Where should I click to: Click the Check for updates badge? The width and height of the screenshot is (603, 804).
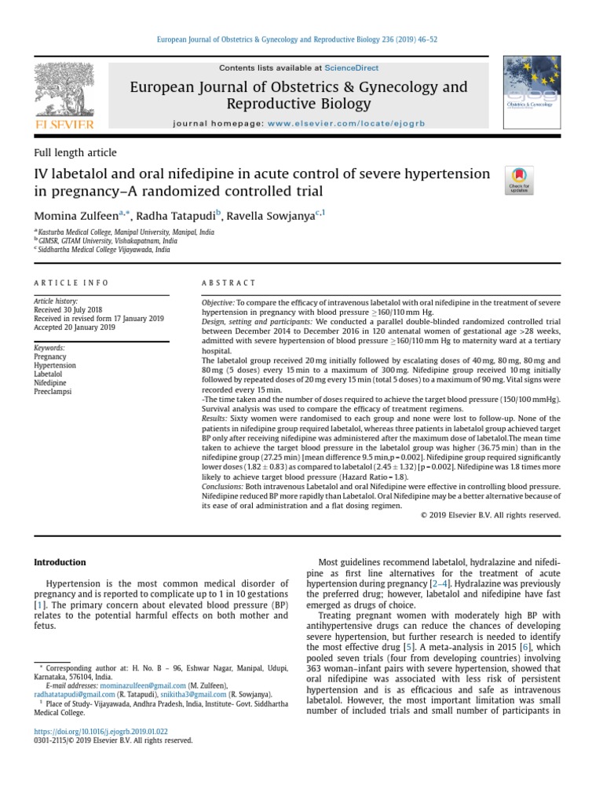(519, 180)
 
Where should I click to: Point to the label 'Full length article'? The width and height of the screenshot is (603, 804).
(75, 153)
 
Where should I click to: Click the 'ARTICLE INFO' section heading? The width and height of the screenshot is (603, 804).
(71, 283)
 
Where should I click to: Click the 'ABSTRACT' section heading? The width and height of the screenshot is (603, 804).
(229, 283)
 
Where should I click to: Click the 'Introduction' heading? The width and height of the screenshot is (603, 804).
(60, 562)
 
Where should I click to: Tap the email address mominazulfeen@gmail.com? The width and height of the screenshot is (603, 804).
(132, 685)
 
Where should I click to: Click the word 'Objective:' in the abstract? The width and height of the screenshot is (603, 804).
(217, 302)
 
